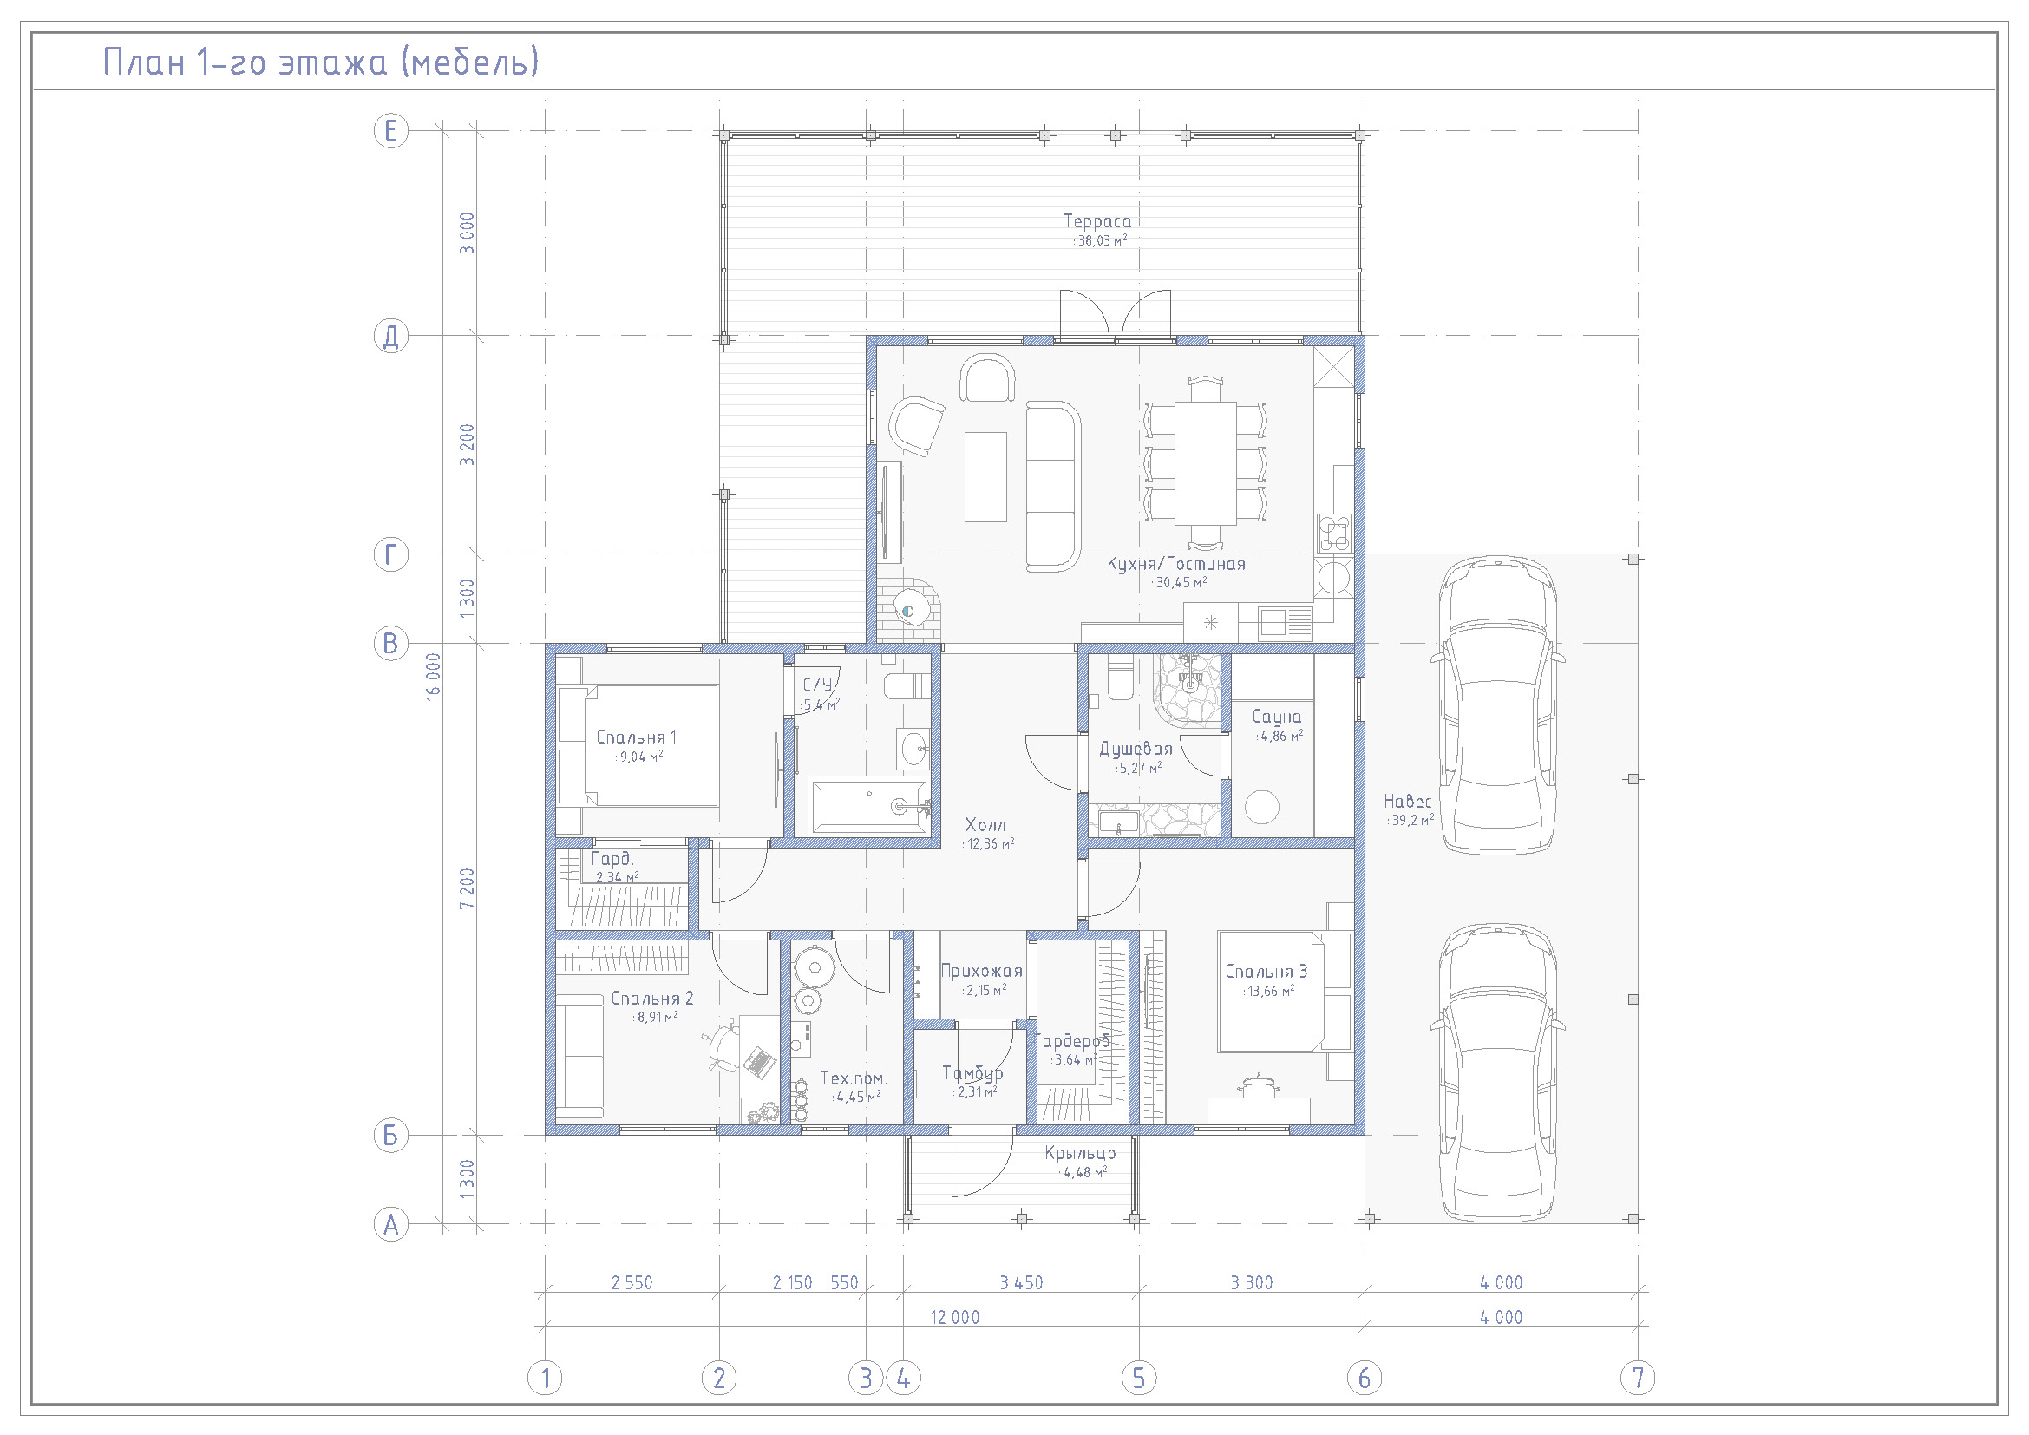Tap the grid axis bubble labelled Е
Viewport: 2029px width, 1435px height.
click(x=390, y=131)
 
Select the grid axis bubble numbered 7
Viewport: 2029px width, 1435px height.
click(x=1638, y=1378)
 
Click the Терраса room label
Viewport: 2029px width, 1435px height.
click(x=1096, y=221)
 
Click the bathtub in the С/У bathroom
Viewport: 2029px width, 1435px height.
click(x=869, y=806)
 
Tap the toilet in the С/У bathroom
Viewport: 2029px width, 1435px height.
click(x=907, y=685)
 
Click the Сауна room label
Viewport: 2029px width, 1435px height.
click(x=1276, y=717)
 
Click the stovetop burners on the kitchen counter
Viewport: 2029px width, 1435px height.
click(x=1333, y=533)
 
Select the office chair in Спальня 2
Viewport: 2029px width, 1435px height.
click(x=723, y=1045)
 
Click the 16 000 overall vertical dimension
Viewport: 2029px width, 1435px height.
click(x=433, y=677)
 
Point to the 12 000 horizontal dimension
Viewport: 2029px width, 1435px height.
click(x=954, y=1317)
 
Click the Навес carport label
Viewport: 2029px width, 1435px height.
click(x=1407, y=801)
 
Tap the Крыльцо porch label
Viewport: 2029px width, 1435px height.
click(x=1080, y=1153)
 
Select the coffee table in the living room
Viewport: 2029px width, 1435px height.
click(x=985, y=476)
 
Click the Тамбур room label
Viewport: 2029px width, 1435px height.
click(x=972, y=1072)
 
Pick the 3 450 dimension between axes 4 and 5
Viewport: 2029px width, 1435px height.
click(x=1021, y=1282)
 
